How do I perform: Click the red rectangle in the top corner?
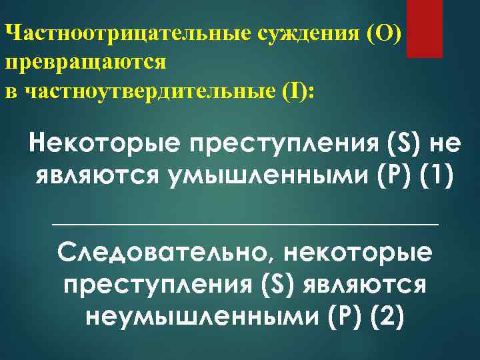tap(425, 28)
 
